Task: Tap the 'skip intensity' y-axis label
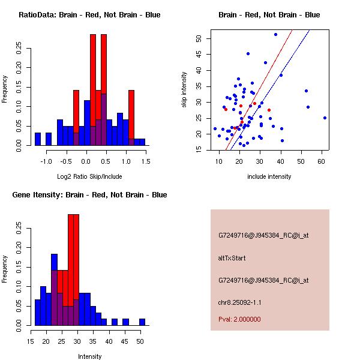[184, 90]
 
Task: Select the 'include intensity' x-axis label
[269, 176]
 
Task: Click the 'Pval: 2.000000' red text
[239, 319]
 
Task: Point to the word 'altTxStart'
[232, 258]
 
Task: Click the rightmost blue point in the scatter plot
[325, 118]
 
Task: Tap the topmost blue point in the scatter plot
[275, 34]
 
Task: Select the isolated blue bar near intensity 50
[142, 322]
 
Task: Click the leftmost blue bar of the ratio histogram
[37, 139]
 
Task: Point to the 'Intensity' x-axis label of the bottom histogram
[89, 356]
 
